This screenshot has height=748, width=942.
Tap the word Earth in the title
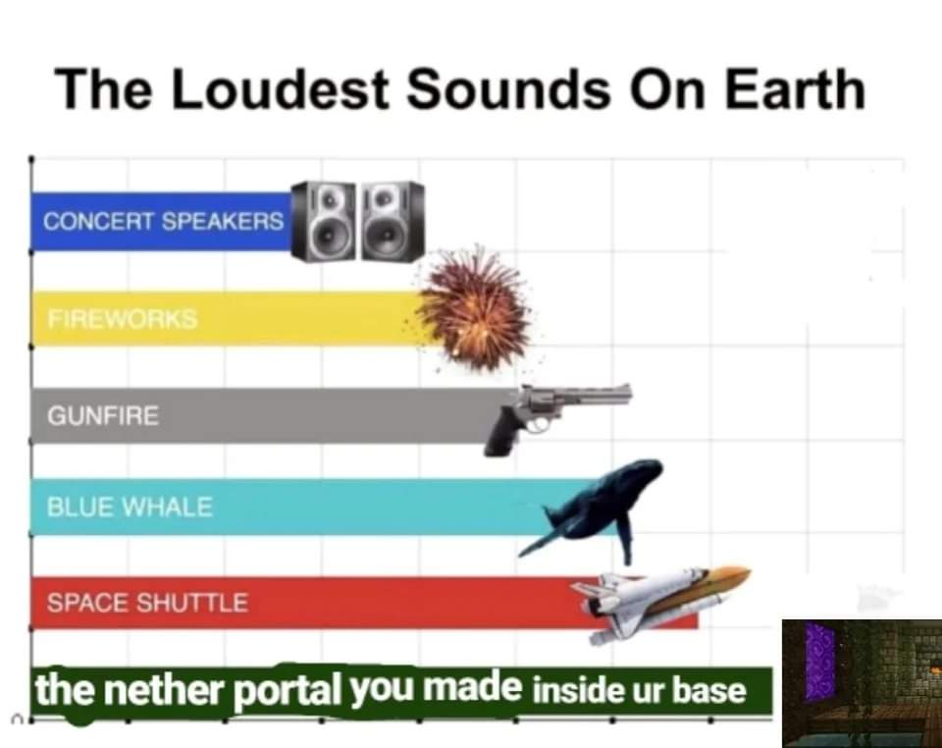pyautogui.click(x=795, y=89)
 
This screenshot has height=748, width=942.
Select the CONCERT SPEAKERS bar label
pyautogui.click(x=164, y=221)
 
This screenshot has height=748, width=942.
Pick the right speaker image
pyautogui.click(x=392, y=221)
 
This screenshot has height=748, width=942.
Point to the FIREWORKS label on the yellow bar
pyautogui.click(x=123, y=318)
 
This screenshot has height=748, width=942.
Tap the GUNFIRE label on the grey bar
pyautogui.click(x=103, y=416)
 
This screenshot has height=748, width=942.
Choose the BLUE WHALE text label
pyautogui.click(x=130, y=508)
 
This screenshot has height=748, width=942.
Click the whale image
pyautogui.click(x=592, y=508)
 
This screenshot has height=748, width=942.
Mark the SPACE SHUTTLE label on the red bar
pyautogui.click(x=147, y=603)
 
